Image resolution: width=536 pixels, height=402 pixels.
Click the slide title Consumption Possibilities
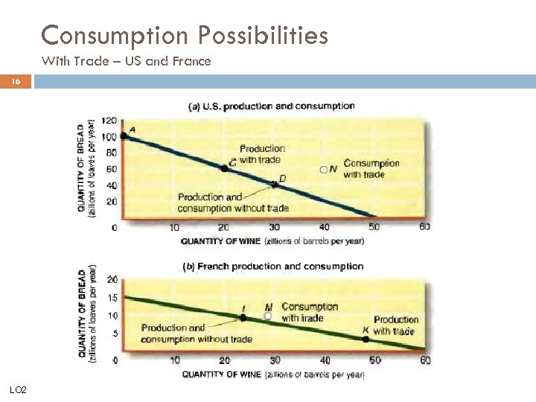tap(185, 35)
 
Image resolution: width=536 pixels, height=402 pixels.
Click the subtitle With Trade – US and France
tap(127, 62)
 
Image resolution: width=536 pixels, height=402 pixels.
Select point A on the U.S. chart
tap(124, 135)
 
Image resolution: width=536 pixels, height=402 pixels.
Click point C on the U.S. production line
tap(224, 168)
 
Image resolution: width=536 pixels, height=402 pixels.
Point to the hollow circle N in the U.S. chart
tap(324, 169)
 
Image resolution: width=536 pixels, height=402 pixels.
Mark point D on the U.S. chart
tap(275, 184)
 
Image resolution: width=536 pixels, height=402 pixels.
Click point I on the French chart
tap(242, 318)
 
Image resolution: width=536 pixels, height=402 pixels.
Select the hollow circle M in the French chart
tap(268, 316)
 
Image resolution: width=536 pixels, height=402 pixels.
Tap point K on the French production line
tap(365, 339)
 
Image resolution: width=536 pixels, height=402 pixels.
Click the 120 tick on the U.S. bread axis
tap(109, 121)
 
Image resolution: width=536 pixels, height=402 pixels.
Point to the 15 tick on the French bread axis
tap(112, 297)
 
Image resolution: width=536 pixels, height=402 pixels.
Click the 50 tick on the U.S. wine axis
tap(375, 227)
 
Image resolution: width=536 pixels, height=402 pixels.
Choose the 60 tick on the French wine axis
tap(425, 360)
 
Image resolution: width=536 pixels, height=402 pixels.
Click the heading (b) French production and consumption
tap(273, 267)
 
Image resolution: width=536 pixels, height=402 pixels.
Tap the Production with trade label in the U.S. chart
tap(261, 153)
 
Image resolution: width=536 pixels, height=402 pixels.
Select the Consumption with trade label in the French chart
tap(309, 312)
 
